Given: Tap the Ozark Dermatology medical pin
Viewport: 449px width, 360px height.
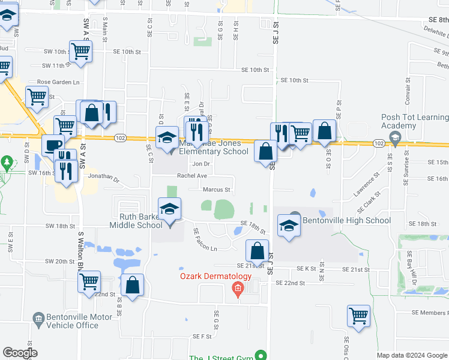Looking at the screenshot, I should click(x=238, y=290).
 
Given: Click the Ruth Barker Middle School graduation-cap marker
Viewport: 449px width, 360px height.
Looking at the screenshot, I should click(x=170, y=209).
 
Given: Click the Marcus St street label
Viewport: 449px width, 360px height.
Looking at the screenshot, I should click(x=217, y=190).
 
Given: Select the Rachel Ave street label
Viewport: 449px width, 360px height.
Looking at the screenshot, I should click(x=191, y=176).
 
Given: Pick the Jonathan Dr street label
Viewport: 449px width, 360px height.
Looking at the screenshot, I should click(x=104, y=178).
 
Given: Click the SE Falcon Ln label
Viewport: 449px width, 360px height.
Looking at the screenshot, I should click(x=205, y=239).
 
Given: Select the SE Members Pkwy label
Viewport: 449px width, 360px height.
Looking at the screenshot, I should click(x=430, y=313).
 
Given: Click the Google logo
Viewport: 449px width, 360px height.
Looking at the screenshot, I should click(x=20, y=353).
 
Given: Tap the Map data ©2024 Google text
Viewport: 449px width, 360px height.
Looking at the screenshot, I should click(x=411, y=355).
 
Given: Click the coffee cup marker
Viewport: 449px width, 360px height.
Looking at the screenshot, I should click(x=53, y=145).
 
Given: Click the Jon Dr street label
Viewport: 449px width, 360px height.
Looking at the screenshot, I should click(x=200, y=163).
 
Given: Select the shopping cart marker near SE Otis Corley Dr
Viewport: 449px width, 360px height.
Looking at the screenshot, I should click(x=358, y=316).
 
